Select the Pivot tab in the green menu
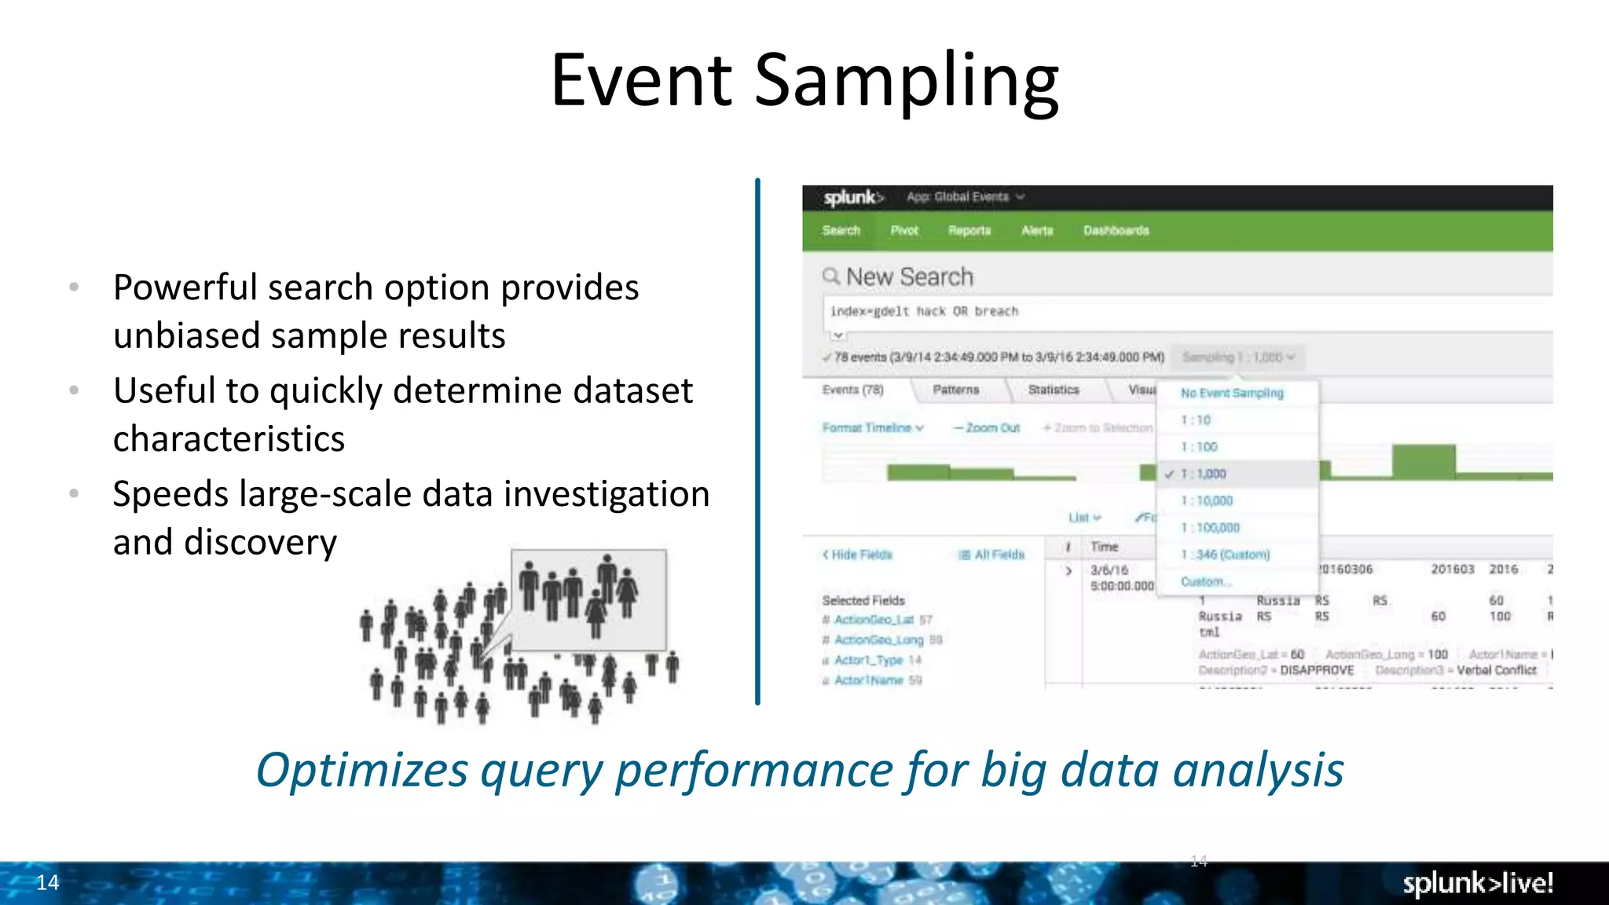tap(903, 231)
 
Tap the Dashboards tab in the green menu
tap(1116, 231)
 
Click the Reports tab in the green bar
tap(969, 231)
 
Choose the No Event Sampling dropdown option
tap(1231, 393)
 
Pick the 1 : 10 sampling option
tap(1196, 420)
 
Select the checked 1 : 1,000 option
tap(1203, 474)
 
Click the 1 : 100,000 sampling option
tap(1210, 528)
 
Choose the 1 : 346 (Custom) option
tap(1225, 555)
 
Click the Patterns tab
tap(955, 390)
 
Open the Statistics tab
tap(1053, 390)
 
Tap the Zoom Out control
tap(987, 428)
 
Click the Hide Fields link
tap(858, 555)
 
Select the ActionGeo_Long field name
tap(878, 640)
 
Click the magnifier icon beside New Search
tap(830, 276)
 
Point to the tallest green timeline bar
tap(1423, 461)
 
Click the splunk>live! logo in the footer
tap(1477, 883)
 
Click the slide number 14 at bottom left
tap(47, 882)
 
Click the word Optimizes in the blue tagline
tap(361, 770)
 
